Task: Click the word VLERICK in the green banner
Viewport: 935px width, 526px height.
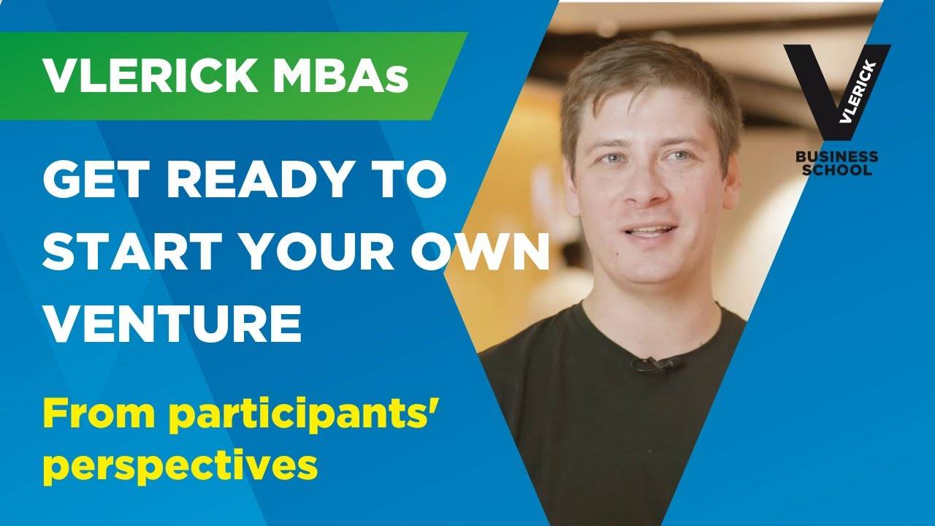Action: (x=150, y=77)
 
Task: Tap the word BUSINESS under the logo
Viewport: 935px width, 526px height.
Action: (x=837, y=157)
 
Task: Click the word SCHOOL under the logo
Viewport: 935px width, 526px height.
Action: (x=837, y=170)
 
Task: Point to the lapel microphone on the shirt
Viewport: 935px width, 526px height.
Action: (x=655, y=365)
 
